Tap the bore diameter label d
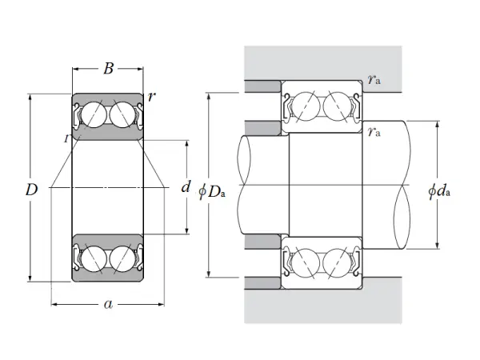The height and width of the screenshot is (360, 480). pos(186,188)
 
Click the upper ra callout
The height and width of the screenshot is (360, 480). pos(374,78)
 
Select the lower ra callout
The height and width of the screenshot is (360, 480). pos(374,132)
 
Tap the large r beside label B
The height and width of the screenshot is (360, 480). pos(152,97)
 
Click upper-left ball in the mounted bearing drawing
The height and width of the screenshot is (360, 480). pos(307,105)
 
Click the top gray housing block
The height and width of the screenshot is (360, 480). pos(320,61)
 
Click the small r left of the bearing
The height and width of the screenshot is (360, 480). pos(66,138)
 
